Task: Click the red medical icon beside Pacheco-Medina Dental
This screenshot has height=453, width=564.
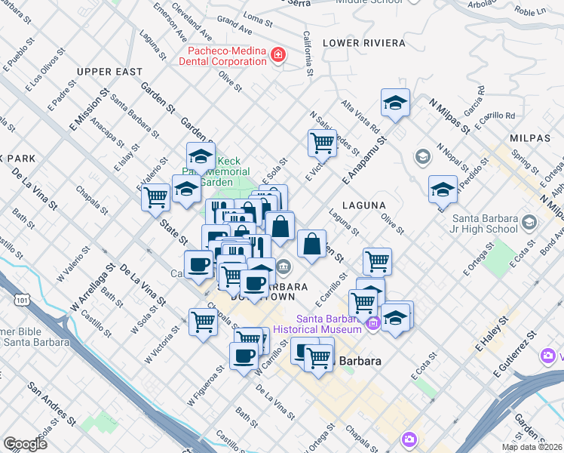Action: [x=278, y=55]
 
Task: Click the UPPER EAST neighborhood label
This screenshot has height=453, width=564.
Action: [x=109, y=72]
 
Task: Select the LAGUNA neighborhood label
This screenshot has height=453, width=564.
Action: [x=363, y=205]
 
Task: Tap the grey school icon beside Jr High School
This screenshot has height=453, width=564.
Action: [x=529, y=223]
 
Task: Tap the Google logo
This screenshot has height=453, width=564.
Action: [x=25, y=444]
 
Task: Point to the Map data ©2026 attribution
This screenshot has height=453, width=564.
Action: [x=531, y=447]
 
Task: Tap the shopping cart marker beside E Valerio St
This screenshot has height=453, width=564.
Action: [x=155, y=197]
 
